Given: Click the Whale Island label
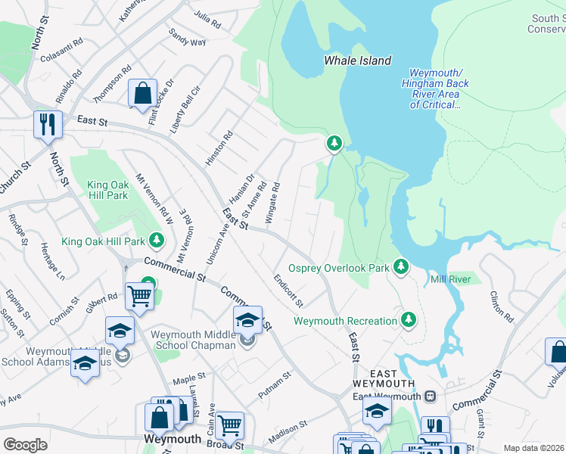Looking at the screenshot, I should click(x=357, y=61).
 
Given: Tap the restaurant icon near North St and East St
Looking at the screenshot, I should click(x=48, y=124).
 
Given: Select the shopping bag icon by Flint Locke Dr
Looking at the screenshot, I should click(x=142, y=94).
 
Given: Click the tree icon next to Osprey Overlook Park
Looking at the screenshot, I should click(x=401, y=267).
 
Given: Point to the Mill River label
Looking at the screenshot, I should click(x=450, y=279).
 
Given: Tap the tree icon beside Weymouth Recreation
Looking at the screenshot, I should click(x=409, y=320).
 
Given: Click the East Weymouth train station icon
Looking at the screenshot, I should click(x=430, y=396).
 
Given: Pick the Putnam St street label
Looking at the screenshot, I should click(x=275, y=384).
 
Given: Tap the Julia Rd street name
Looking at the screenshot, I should click(x=207, y=20).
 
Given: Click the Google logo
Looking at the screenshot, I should click(x=25, y=444).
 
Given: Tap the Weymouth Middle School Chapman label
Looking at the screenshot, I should click(x=193, y=340).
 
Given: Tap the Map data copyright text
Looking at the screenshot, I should click(x=533, y=448).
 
